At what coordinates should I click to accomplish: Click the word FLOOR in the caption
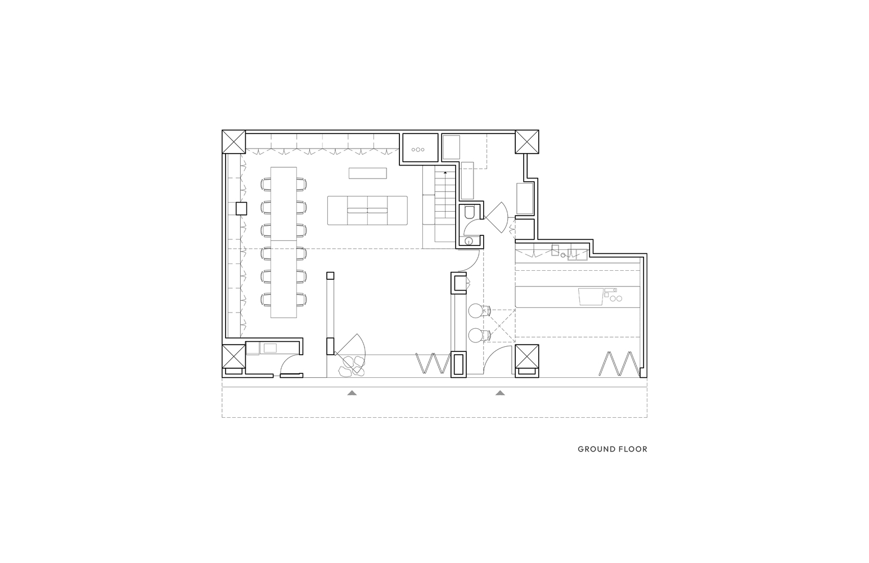[634, 449]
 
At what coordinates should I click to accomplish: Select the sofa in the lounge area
[367, 211]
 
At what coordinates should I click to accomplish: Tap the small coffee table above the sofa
[368, 173]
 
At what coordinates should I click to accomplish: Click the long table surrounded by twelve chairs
[283, 242]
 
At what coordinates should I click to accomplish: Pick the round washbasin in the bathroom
[469, 241]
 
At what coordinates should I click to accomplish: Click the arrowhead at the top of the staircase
[445, 172]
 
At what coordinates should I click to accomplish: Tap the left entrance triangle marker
[352, 393]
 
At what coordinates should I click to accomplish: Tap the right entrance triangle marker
[500, 393]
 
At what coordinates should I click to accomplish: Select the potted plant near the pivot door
[352, 367]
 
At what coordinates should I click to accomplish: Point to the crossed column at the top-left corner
[233, 142]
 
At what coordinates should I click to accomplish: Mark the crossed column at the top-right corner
[527, 142]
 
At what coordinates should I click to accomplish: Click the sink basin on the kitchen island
[591, 297]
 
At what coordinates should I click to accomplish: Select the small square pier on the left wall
[241, 208]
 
